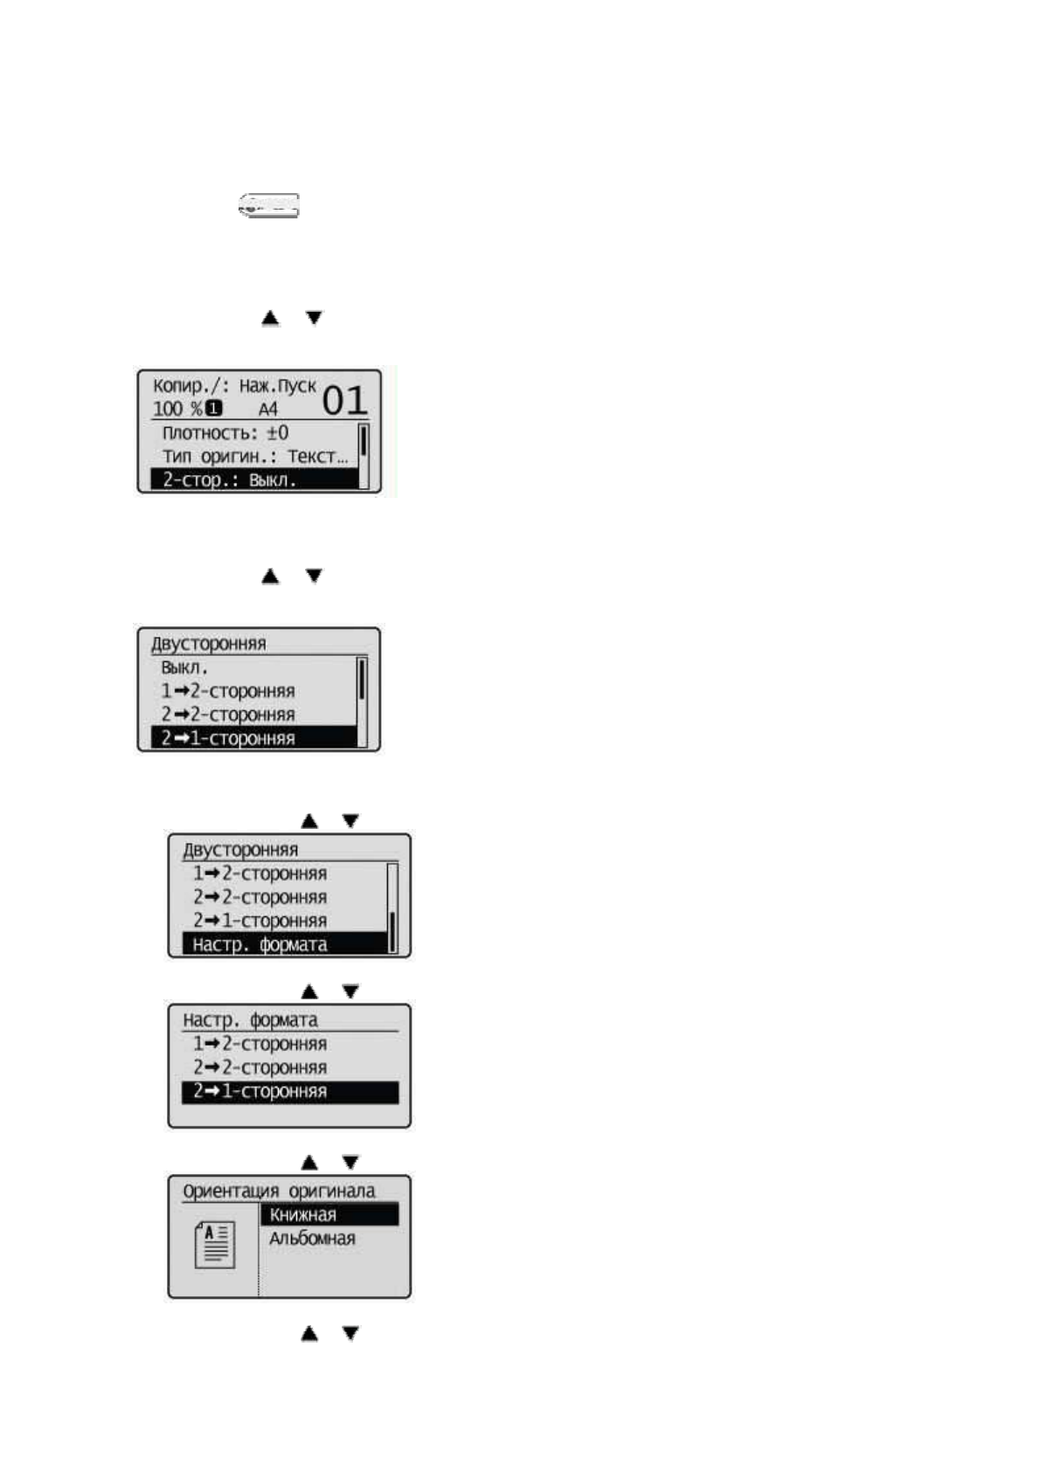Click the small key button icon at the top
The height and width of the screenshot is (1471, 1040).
pyautogui.click(x=269, y=206)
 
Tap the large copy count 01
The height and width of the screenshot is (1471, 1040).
pyautogui.click(x=344, y=401)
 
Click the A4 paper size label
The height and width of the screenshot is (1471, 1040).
pyautogui.click(x=267, y=409)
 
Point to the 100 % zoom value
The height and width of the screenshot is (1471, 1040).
pyautogui.click(x=177, y=409)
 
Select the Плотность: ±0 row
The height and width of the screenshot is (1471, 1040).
pyautogui.click(x=225, y=433)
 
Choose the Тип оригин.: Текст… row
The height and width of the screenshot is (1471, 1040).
pyautogui.click(x=254, y=456)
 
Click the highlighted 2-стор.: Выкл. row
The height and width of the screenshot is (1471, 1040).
pyautogui.click(x=253, y=480)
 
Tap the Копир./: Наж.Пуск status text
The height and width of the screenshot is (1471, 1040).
pyautogui.click(x=234, y=385)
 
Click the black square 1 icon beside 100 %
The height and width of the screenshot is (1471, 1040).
pyautogui.click(x=213, y=409)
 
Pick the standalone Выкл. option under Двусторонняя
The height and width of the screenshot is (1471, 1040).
pyautogui.click(x=184, y=667)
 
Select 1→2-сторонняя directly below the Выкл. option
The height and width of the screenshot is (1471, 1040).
pyautogui.click(x=227, y=691)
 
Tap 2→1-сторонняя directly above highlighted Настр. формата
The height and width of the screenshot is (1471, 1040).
pyautogui.click(x=260, y=921)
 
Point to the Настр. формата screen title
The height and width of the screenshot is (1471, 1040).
pyautogui.click(x=250, y=1019)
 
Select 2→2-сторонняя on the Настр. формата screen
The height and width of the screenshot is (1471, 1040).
pyautogui.click(x=260, y=1067)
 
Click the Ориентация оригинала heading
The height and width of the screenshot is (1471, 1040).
pyautogui.click(x=279, y=1191)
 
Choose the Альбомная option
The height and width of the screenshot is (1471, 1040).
pyautogui.click(x=312, y=1239)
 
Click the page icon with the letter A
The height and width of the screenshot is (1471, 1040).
pyautogui.click(x=214, y=1245)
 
